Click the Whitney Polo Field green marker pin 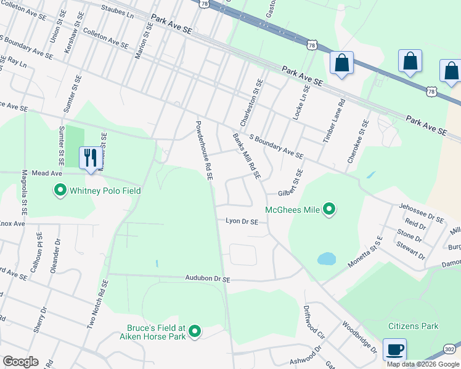[60, 191]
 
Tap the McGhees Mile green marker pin [329, 210]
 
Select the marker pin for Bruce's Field [195, 332]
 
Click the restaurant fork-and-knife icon [91, 157]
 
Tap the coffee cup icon [394, 350]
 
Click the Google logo [20, 362]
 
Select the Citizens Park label [413, 326]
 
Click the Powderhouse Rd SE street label [204, 150]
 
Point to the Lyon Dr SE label [242, 221]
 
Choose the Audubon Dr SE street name [208, 279]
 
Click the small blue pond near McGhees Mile [326, 258]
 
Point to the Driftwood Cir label [314, 323]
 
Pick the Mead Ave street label [48, 174]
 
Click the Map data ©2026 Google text [423, 364]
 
